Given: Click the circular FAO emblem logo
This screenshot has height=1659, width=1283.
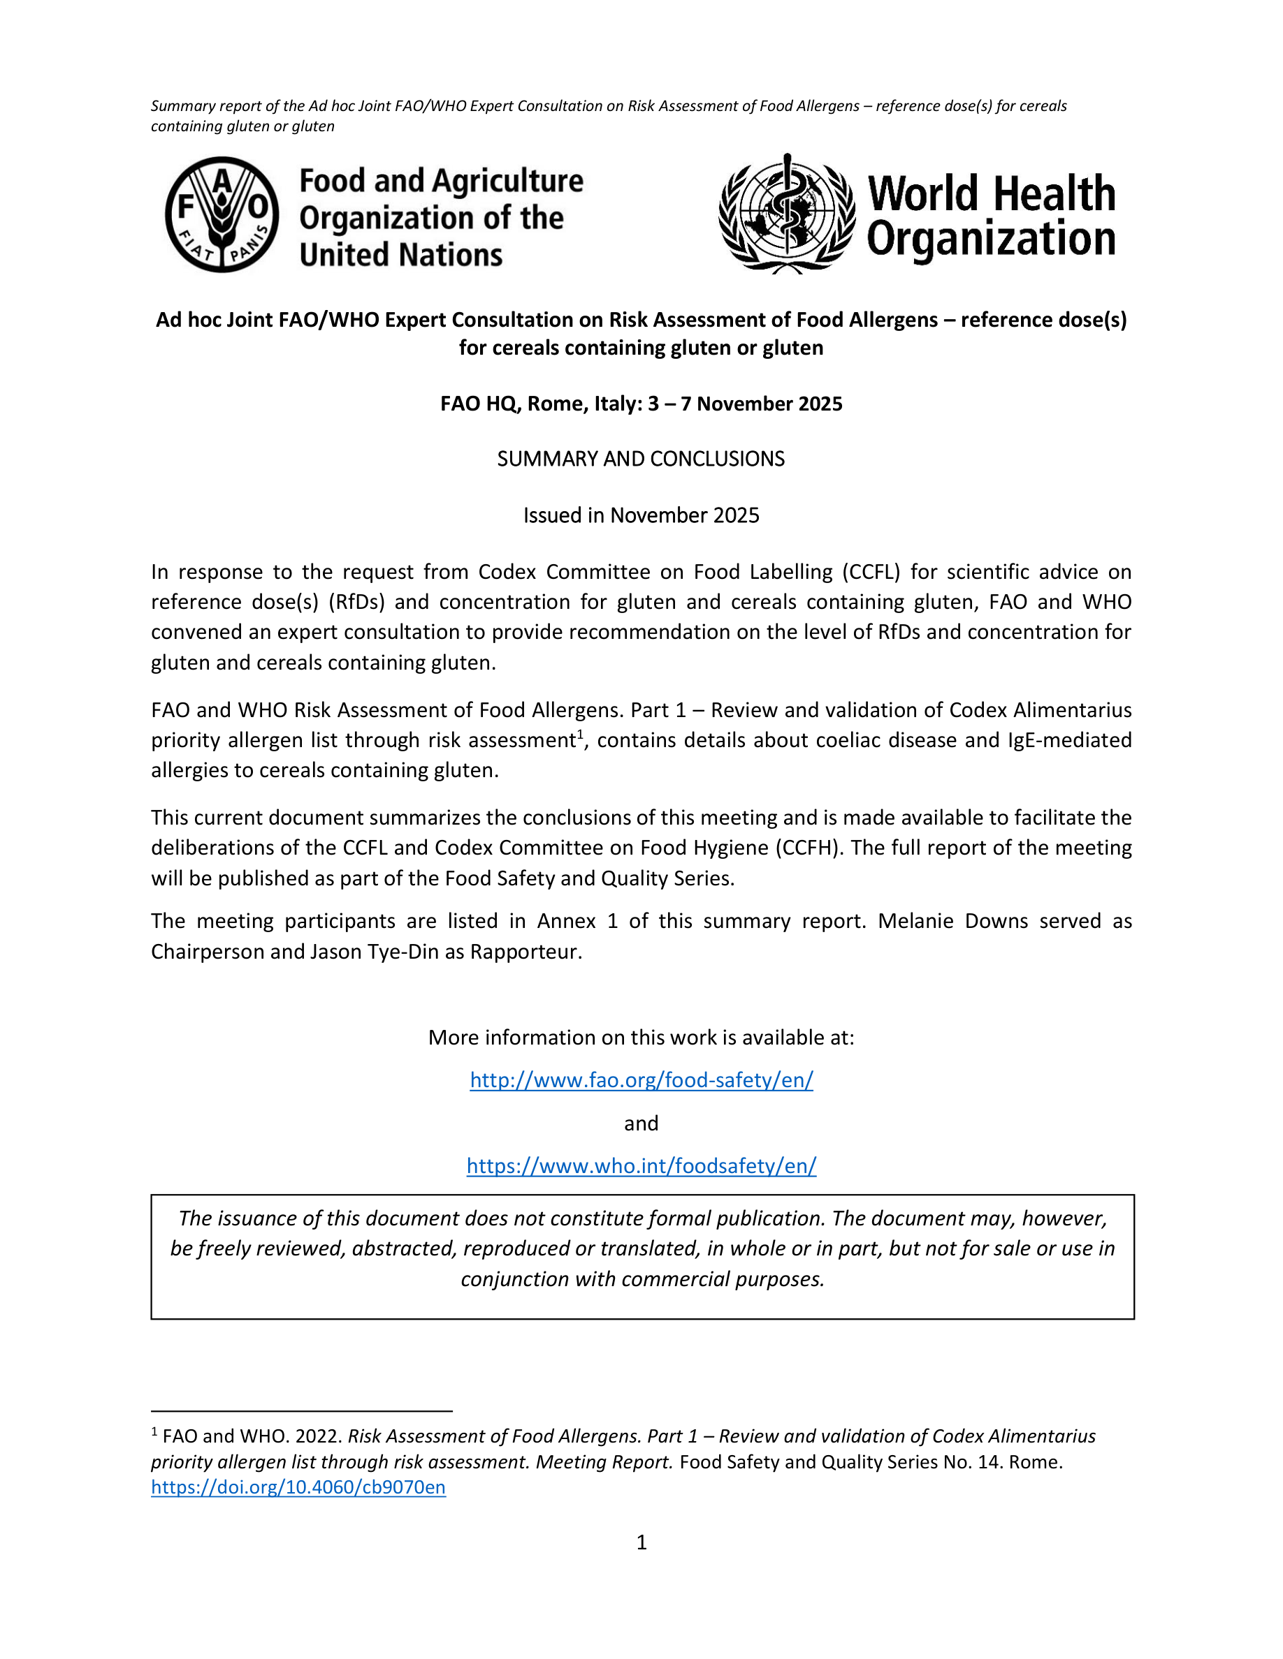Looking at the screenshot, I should [x=222, y=215].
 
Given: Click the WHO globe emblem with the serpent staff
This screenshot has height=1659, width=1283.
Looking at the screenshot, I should [x=788, y=214].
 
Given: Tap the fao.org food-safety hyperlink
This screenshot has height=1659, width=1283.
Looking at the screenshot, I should [x=641, y=1079].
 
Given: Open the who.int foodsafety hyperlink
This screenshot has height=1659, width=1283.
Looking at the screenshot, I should [x=641, y=1165].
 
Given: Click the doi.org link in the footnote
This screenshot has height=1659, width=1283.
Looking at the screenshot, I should [x=298, y=1487].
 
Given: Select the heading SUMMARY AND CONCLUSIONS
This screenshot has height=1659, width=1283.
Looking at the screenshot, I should [x=641, y=459].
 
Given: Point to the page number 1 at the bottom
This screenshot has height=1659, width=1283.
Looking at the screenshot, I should [x=641, y=1542].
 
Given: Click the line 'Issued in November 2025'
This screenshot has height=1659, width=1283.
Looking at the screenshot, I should [x=641, y=515].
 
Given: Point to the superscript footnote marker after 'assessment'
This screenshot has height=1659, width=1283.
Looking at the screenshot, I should [x=580, y=734].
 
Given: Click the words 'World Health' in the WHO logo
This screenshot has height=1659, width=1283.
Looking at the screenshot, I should [x=991, y=193].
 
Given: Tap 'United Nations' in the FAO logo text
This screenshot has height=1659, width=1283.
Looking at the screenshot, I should [x=400, y=254].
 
